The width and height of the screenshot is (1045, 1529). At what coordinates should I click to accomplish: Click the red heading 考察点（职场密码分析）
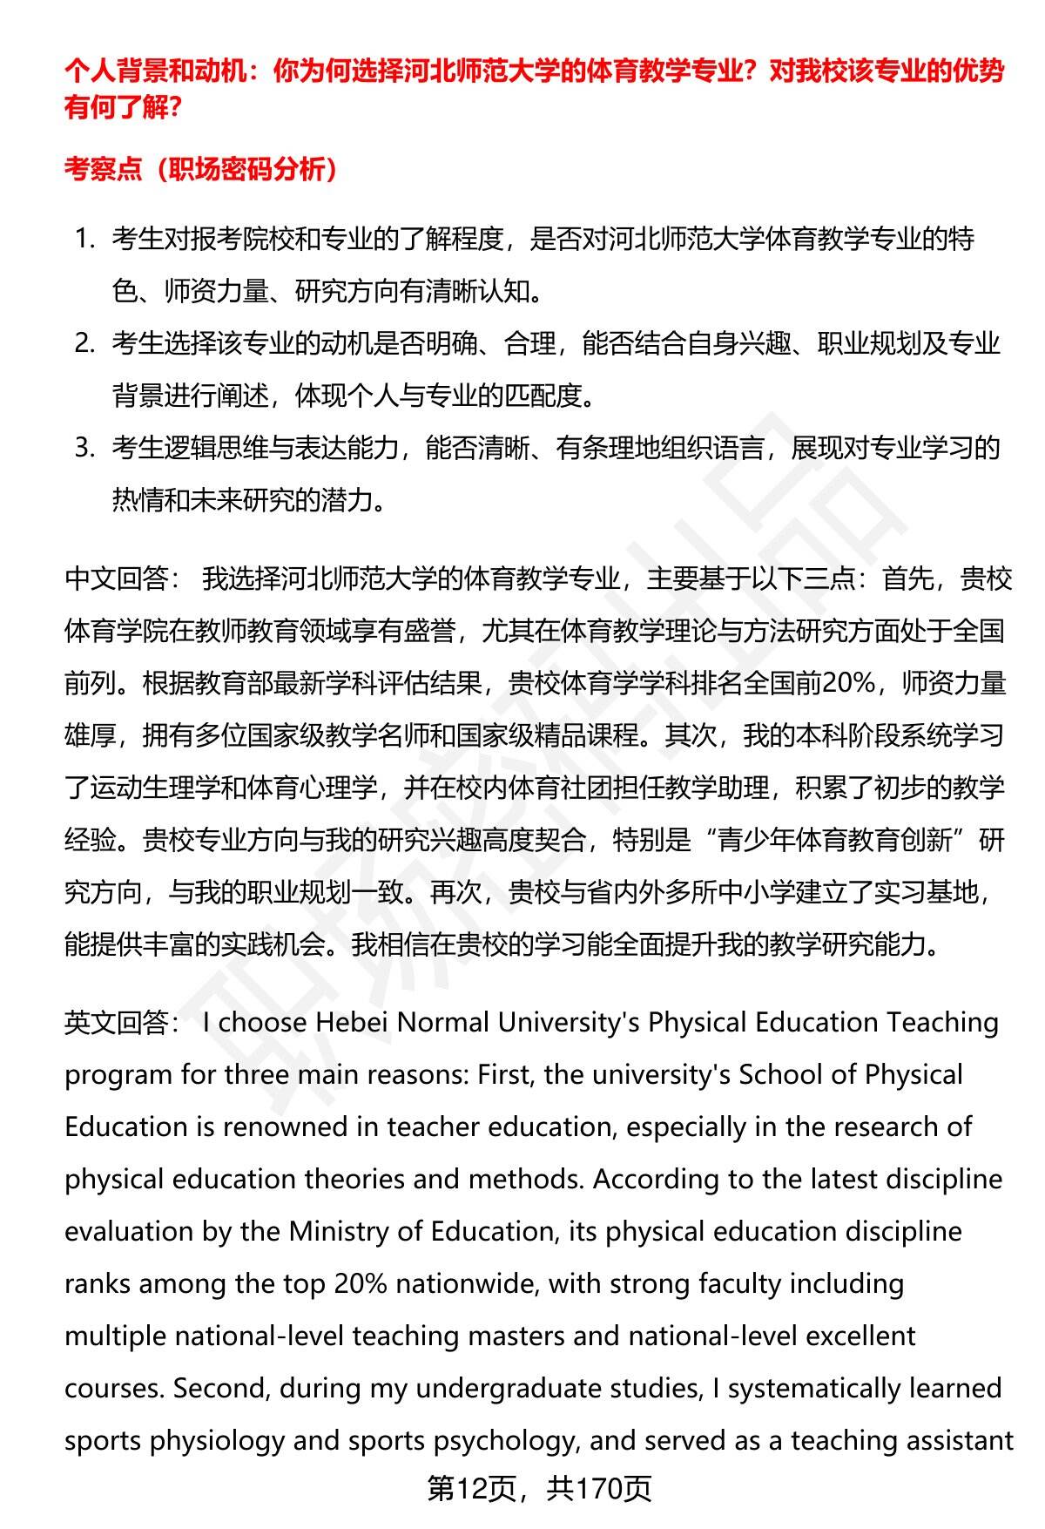201,168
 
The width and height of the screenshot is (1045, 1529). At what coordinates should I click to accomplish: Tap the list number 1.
84,239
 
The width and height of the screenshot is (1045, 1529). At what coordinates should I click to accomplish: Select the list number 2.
84,343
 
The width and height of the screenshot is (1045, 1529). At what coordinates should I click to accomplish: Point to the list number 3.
84,448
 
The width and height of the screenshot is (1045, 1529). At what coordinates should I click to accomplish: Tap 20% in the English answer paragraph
348,1283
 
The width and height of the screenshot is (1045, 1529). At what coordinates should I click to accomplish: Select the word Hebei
352,1022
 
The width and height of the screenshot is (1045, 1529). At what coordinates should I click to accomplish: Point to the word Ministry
336,1231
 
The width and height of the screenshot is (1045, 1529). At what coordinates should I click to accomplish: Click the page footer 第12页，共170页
539,1489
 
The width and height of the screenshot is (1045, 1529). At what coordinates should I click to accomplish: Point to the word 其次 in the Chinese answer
691,735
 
